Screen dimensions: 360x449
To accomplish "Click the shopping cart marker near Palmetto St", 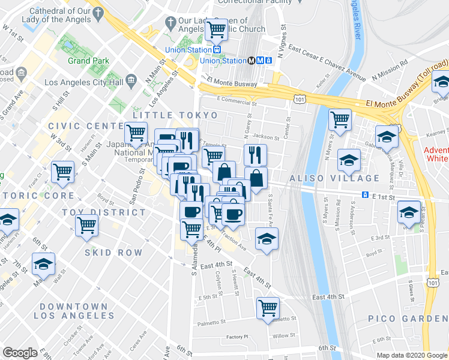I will (268, 308).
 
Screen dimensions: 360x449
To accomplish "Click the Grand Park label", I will (88, 61).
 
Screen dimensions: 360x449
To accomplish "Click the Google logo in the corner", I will (20, 353).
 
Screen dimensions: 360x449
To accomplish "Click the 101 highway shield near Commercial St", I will (298, 98).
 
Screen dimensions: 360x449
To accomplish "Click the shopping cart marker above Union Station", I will (216, 29).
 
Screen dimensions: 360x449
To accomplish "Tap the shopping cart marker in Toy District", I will (87, 226).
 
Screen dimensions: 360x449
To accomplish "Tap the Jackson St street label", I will (267, 137).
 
